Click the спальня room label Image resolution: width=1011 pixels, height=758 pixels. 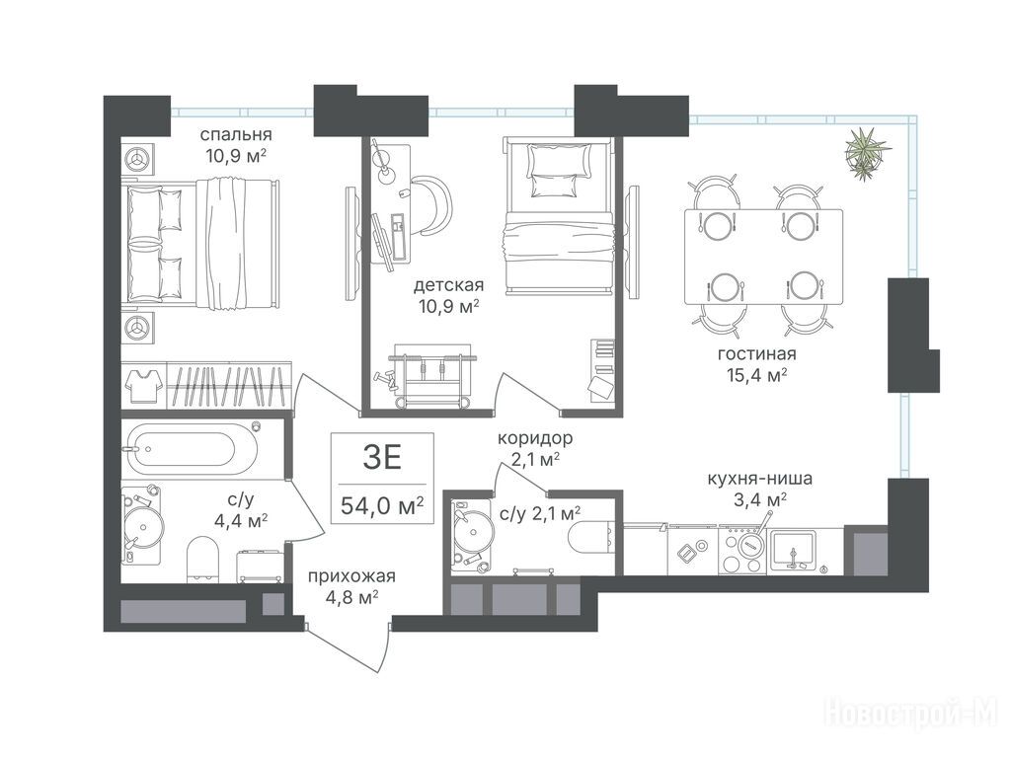pyautogui.click(x=236, y=134)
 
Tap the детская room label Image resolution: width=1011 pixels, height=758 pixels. pyautogui.click(x=449, y=284)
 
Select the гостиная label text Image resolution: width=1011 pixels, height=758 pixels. pyautogui.click(x=757, y=354)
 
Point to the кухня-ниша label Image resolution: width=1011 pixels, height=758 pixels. pyautogui.click(x=759, y=479)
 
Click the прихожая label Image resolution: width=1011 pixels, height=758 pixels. pyautogui.click(x=351, y=576)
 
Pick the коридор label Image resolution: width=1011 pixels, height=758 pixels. pyautogui.click(x=535, y=439)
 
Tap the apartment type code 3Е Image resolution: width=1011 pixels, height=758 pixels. pyautogui.click(x=382, y=458)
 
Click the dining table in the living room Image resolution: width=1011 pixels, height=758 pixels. pyautogui.click(x=763, y=257)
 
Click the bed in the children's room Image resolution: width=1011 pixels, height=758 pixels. pyautogui.click(x=557, y=215)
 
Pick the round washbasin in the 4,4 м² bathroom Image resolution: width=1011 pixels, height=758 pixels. pyautogui.click(x=143, y=527)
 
